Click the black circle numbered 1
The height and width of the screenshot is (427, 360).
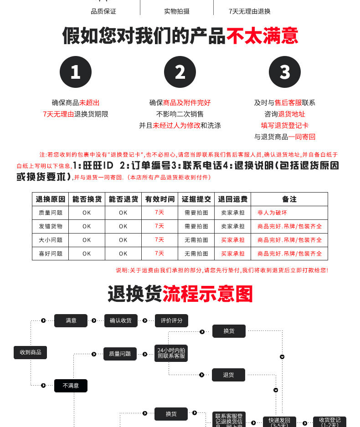[x=76, y=72]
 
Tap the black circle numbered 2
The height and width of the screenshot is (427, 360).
[x=180, y=72]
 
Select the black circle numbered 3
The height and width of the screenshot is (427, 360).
[x=285, y=72]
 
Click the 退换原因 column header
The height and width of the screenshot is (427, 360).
[x=50, y=199]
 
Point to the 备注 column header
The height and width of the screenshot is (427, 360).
[x=289, y=199]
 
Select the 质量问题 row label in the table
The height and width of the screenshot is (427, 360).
[x=50, y=213]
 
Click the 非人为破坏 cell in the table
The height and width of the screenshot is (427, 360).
[x=273, y=213]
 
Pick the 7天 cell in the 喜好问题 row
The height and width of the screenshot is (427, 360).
[x=159, y=254]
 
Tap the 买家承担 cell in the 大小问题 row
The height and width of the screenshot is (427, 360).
[x=232, y=240]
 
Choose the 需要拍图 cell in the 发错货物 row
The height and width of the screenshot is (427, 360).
[x=196, y=226]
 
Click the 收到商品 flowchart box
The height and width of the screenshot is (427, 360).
[x=30, y=352]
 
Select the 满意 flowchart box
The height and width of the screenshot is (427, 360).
[x=71, y=320]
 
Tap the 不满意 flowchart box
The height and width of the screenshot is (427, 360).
[x=71, y=386]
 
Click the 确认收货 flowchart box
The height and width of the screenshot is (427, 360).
[x=121, y=320]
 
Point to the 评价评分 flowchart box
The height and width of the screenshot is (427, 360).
[x=171, y=320]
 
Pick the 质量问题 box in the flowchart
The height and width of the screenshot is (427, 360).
[x=120, y=354]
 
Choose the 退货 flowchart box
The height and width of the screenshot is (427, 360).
[x=228, y=375]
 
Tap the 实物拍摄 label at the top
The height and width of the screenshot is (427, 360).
[x=177, y=11]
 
